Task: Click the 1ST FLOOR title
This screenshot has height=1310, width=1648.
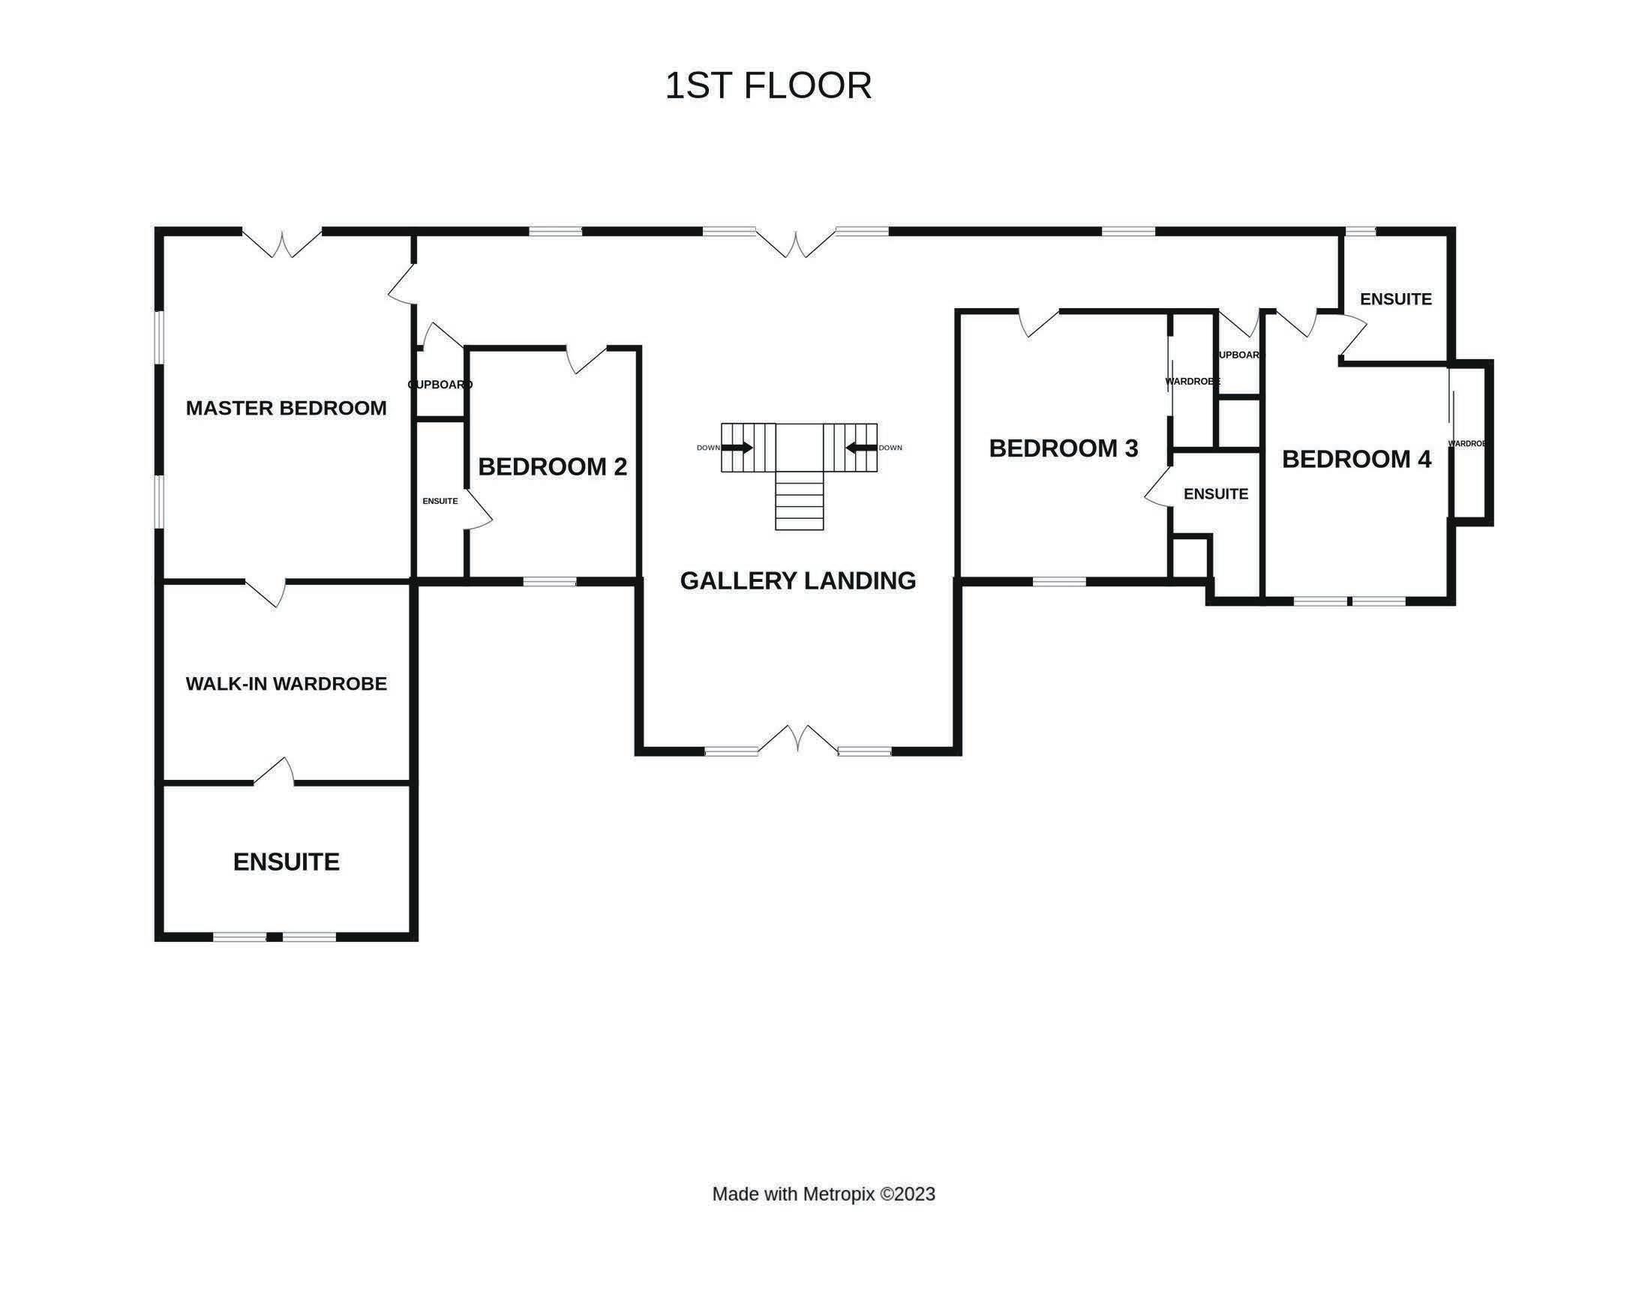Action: (767, 85)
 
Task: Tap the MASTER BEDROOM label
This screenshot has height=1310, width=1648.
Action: (286, 408)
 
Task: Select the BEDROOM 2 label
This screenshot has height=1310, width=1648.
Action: (552, 466)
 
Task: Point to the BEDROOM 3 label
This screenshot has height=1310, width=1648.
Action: (1063, 448)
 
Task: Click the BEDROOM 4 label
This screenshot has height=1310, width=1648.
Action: (1356, 459)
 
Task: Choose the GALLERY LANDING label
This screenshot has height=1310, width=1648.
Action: (797, 581)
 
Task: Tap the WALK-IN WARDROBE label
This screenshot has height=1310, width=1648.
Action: (286, 683)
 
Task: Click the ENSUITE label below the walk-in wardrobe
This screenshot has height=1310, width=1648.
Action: (286, 862)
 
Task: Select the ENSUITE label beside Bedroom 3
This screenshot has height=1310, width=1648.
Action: (1215, 493)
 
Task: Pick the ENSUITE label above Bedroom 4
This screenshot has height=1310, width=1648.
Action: (1395, 299)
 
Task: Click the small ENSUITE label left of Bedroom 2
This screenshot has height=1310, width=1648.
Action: (440, 502)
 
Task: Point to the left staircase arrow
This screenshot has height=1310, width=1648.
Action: (737, 448)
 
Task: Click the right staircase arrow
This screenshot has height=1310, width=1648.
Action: (861, 448)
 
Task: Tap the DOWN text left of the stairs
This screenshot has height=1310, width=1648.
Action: (708, 448)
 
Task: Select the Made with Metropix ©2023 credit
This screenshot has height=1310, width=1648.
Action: (823, 1194)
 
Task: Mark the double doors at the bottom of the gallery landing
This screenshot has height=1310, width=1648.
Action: (797, 739)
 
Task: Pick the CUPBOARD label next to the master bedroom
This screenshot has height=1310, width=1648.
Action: (440, 385)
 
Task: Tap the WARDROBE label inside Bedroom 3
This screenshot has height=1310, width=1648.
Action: (1192, 382)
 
